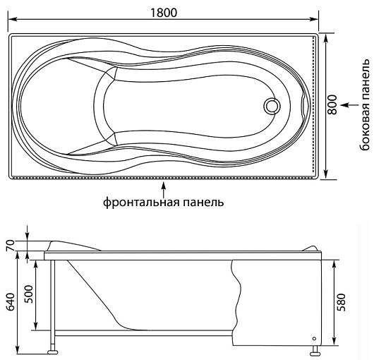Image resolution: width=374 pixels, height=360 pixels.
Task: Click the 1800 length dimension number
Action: tap(164, 13)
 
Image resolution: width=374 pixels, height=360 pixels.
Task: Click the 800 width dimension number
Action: tap(332, 104)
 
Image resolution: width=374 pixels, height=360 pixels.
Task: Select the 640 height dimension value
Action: tap(11, 302)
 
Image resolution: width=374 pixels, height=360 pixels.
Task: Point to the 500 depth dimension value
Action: tap(29, 294)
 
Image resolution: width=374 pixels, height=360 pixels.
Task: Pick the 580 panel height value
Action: tap(341, 302)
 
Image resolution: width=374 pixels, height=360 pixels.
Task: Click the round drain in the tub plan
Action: tap(272, 106)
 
